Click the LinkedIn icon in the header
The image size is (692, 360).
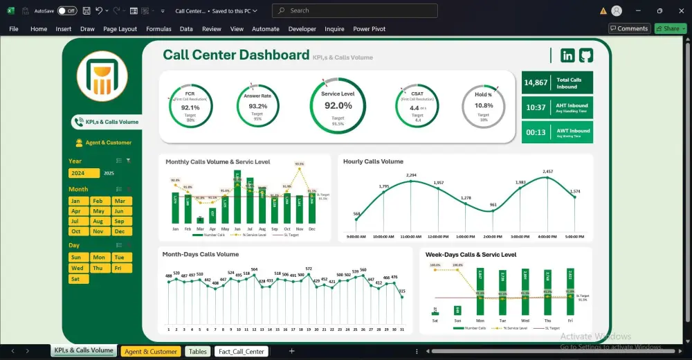click(x=567, y=55)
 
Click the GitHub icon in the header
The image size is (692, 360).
click(x=586, y=55)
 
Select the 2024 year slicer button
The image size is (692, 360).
click(x=84, y=173)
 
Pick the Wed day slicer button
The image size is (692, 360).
click(x=78, y=268)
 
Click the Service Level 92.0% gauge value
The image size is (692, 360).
click(x=338, y=105)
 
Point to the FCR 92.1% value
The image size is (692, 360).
click(x=190, y=107)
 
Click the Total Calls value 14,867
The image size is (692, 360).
click(x=536, y=82)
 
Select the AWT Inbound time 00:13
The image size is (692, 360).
click(x=536, y=132)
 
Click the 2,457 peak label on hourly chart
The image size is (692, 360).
click(x=547, y=172)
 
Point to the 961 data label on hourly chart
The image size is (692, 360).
click(x=493, y=205)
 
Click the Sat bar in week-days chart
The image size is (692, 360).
click(x=435, y=310)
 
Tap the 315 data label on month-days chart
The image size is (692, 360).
click(x=402, y=291)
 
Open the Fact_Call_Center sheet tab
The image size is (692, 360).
click(x=241, y=352)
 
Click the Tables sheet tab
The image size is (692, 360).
click(x=197, y=352)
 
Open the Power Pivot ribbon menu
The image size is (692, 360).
click(x=369, y=29)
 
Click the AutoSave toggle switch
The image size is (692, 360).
click(x=67, y=11)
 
